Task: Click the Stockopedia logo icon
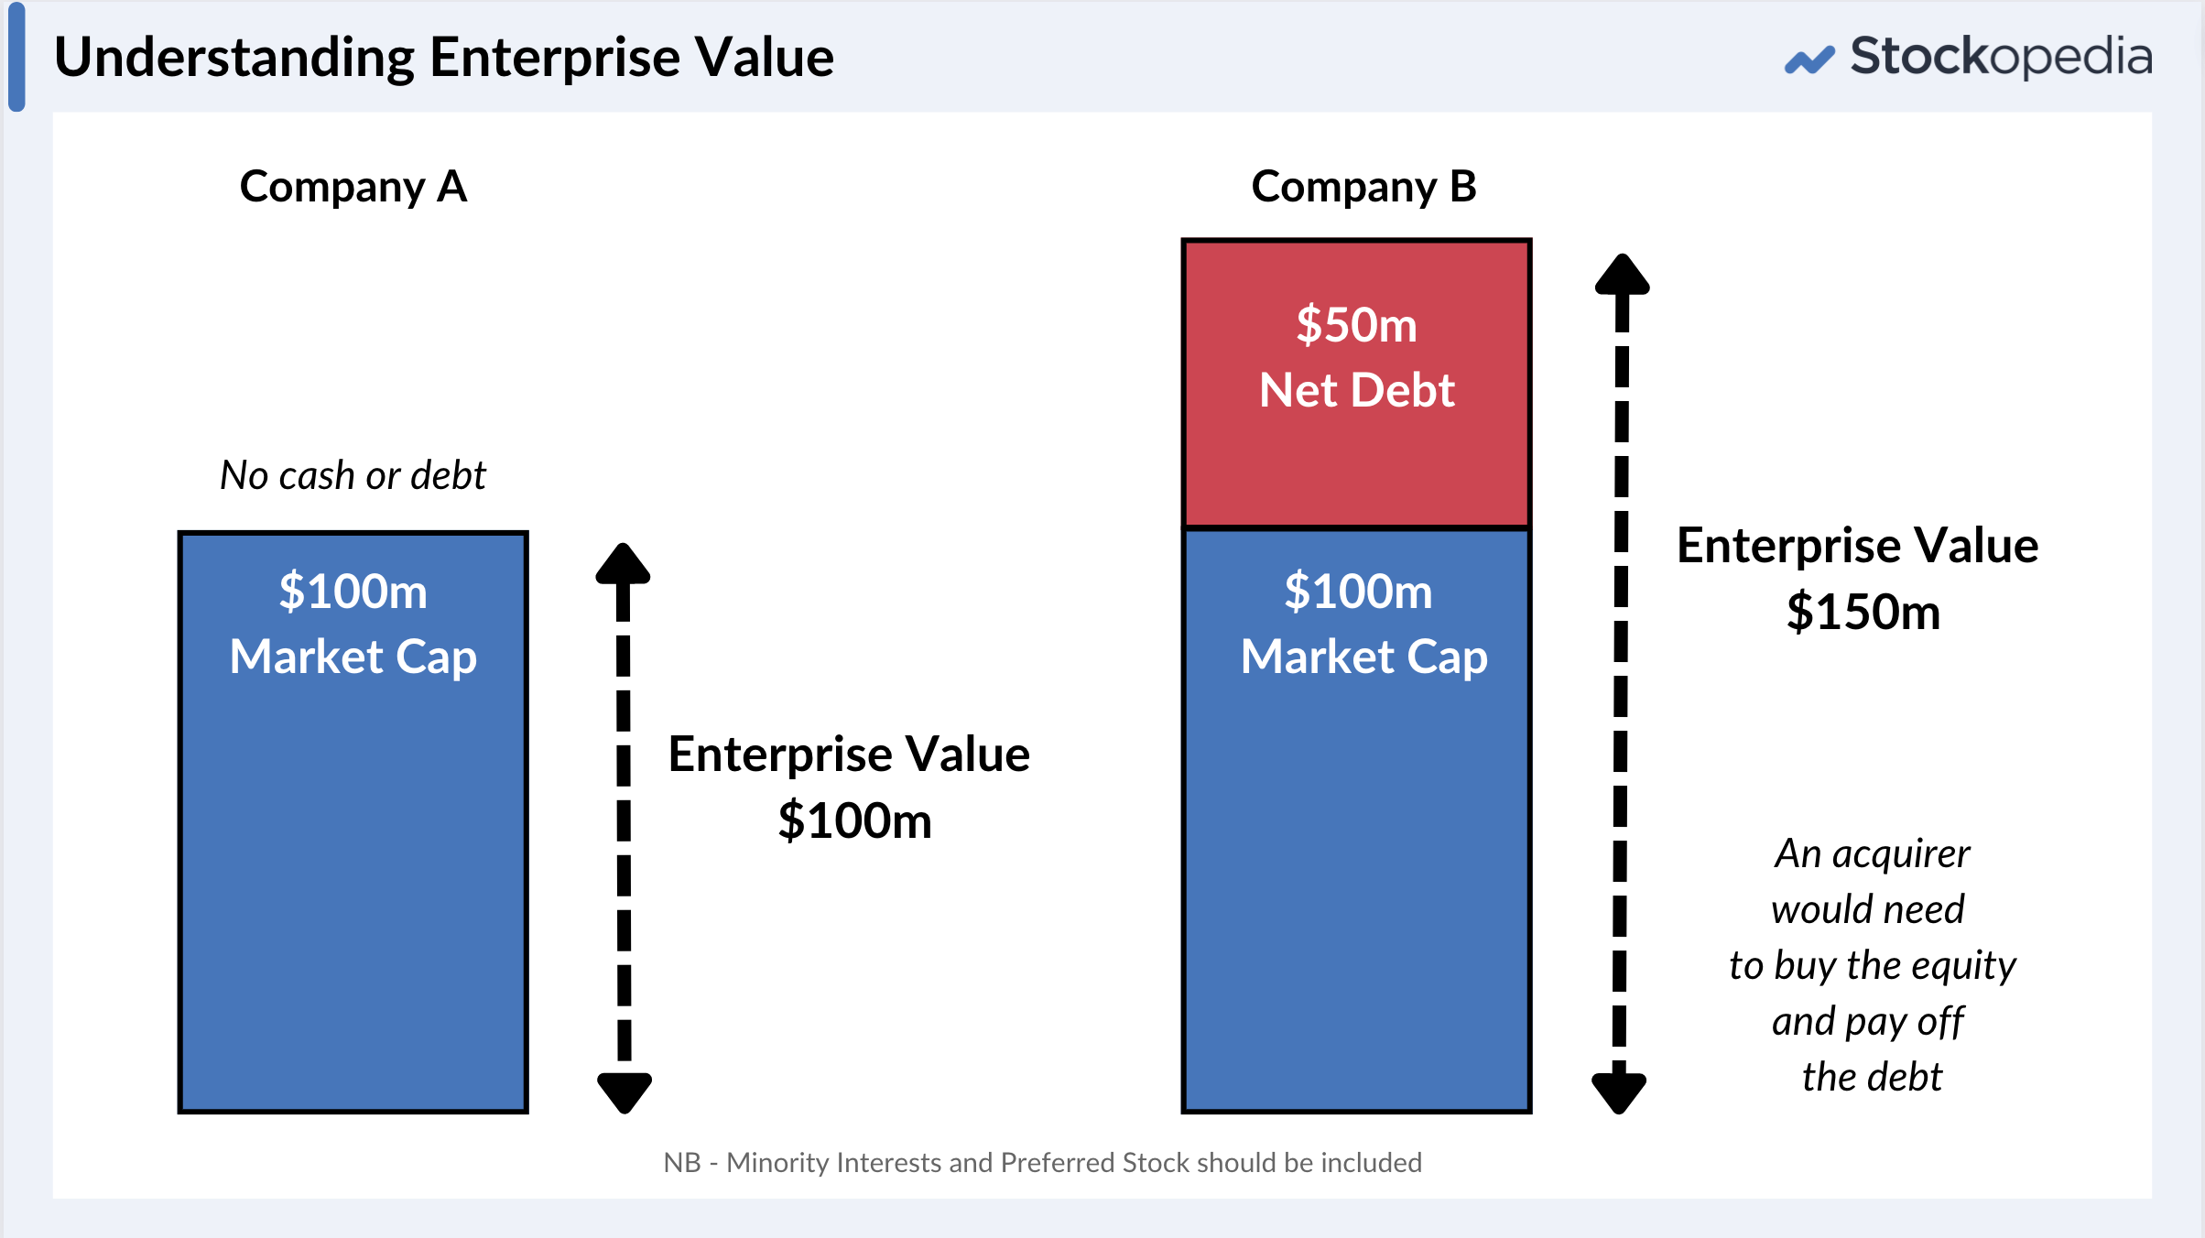(1809, 60)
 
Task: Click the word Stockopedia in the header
(2001, 57)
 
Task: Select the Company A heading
(353, 187)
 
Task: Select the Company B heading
(1363, 187)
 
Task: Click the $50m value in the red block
(1356, 325)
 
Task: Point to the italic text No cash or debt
(353, 475)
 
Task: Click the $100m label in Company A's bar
(353, 591)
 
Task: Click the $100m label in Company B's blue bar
(1358, 591)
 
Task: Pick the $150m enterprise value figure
(1863, 612)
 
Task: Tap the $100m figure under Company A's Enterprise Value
(854, 820)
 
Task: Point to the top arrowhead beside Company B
(1622, 274)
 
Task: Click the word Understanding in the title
(234, 58)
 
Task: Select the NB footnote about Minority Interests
(1042, 1163)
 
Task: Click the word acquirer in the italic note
(1902, 854)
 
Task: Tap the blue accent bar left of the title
(16, 57)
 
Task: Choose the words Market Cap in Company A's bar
(353, 657)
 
